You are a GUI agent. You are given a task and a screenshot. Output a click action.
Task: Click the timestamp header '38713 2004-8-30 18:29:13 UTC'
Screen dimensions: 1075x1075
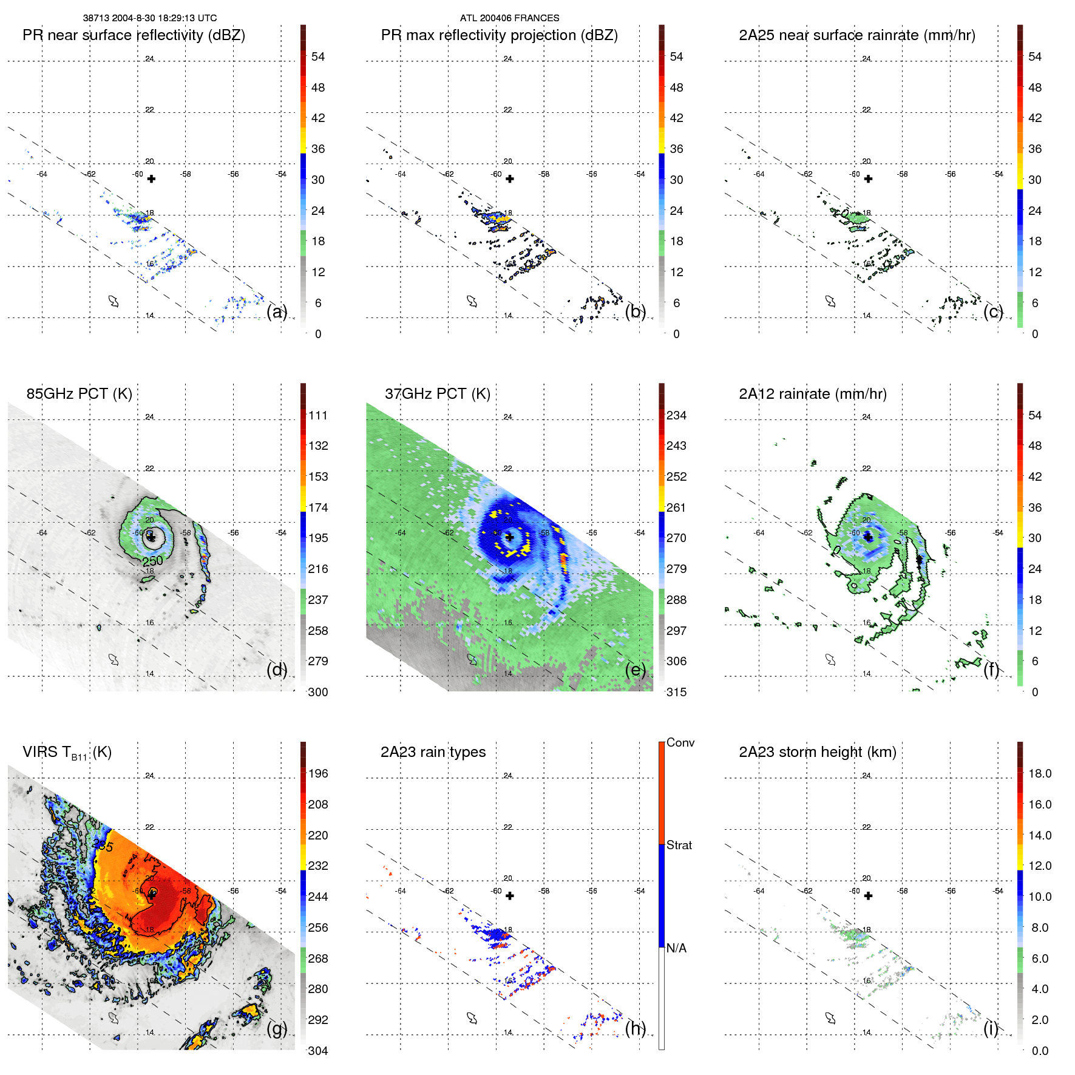(149, 18)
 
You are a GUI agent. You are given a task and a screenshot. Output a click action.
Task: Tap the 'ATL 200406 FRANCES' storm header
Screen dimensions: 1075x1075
(509, 18)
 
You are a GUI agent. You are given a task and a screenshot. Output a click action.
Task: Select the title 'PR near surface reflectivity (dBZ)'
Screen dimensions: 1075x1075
(134, 35)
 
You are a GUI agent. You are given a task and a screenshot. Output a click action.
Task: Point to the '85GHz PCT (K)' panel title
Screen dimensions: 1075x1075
(79, 394)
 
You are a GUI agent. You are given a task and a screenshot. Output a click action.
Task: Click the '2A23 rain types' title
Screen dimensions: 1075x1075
(433, 752)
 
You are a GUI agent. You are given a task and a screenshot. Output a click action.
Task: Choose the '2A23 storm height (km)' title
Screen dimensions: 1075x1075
(817, 752)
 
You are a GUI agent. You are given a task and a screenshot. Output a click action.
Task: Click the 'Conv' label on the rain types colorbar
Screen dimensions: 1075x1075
(680, 742)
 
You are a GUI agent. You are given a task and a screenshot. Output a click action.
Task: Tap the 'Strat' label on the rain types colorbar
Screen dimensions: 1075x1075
(679, 845)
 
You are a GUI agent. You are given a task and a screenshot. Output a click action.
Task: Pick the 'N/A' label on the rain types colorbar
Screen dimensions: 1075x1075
(676, 948)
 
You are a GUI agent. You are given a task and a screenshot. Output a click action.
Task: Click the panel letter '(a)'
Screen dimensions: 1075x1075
(277, 311)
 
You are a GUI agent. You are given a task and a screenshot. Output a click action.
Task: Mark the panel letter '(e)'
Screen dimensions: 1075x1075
(636, 670)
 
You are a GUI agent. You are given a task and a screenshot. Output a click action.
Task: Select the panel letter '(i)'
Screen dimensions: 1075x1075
(991, 1028)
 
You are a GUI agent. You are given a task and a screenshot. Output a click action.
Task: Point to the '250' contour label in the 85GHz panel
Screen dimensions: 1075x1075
(153, 561)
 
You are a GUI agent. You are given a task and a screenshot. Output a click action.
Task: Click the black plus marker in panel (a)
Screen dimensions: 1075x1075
(151, 178)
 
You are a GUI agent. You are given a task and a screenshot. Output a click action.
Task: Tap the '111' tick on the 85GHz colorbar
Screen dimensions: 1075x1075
(318, 415)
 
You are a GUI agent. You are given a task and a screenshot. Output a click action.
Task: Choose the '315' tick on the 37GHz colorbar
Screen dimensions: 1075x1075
(676, 692)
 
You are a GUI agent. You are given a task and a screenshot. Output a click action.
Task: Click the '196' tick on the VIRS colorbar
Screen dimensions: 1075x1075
(318, 773)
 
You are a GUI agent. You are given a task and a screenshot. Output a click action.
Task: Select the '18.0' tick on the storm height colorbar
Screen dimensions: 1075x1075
(1040, 773)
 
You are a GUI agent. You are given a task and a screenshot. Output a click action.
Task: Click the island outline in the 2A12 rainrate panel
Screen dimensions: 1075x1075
(830, 660)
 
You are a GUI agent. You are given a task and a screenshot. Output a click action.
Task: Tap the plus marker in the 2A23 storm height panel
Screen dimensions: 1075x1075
(868, 896)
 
